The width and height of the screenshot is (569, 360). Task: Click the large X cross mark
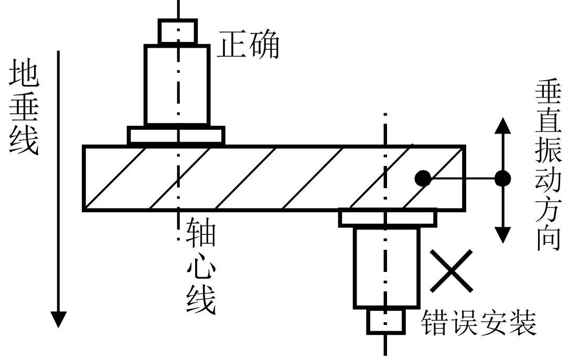[451, 271]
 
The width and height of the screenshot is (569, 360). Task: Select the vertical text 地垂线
[24, 110]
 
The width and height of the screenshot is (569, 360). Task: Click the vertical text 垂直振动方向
[548, 166]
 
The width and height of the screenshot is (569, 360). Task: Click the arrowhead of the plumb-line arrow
[59, 319]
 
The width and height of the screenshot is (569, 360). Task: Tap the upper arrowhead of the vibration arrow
[503, 126]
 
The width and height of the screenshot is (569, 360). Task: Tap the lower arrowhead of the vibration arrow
[503, 234]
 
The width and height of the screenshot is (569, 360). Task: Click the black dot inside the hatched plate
[423, 179]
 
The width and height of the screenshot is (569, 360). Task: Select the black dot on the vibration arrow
[503, 179]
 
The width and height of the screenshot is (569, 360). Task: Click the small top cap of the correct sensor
[178, 31]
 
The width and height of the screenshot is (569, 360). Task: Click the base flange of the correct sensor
[176, 135]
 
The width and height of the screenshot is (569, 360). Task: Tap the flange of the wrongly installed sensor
[388, 217]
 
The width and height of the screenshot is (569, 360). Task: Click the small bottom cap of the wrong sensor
[385, 321]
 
